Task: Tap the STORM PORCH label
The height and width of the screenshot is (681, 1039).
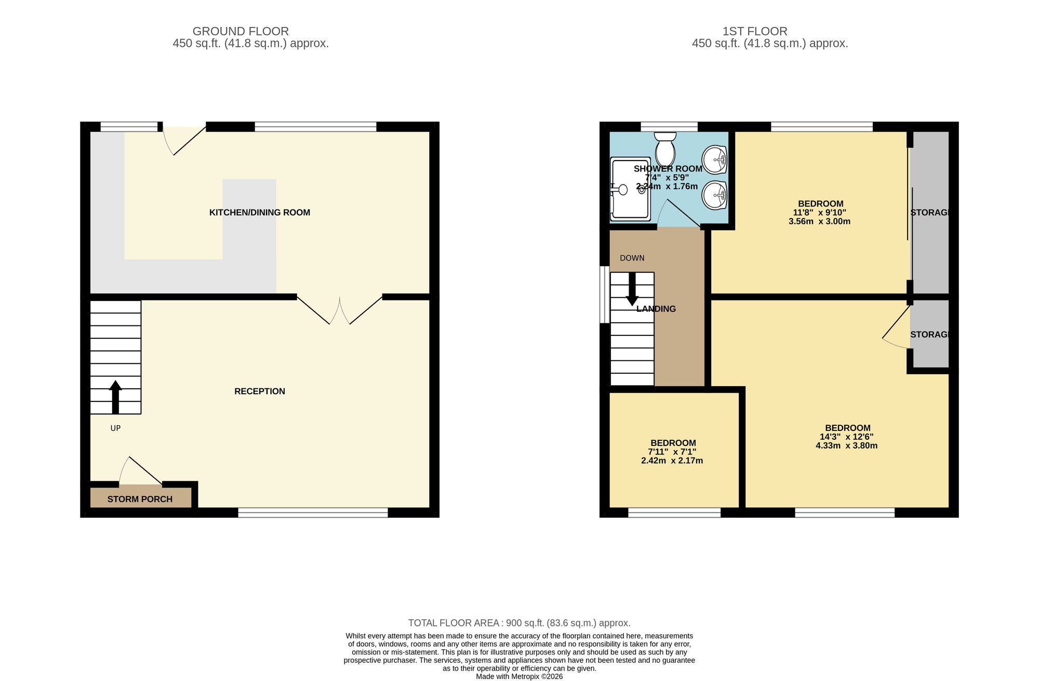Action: click(140, 499)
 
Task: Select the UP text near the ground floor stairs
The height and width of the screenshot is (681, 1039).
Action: click(115, 428)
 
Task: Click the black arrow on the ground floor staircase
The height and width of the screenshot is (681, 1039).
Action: click(115, 397)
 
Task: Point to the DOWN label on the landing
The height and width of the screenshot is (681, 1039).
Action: click(632, 258)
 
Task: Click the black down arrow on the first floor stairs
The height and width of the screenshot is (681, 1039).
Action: click(632, 289)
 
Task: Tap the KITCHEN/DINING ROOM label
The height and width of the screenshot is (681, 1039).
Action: click(260, 212)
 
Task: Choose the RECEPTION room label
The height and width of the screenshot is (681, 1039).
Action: click(260, 391)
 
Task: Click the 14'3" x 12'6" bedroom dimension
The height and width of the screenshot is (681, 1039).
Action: click(847, 437)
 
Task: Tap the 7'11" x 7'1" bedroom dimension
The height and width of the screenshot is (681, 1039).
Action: click(672, 452)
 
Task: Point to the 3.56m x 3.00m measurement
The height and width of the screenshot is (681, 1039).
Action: click(820, 221)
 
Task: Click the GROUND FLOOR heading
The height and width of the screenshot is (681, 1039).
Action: click(241, 31)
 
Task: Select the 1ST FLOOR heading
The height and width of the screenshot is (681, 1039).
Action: click(755, 31)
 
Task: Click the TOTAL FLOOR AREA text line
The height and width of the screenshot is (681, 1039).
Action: click(519, 623)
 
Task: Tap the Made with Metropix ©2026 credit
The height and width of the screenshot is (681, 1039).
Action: click(519, 676)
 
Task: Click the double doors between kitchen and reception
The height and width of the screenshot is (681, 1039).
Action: click(340, 310)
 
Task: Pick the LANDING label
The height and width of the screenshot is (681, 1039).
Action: click(656, 309)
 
